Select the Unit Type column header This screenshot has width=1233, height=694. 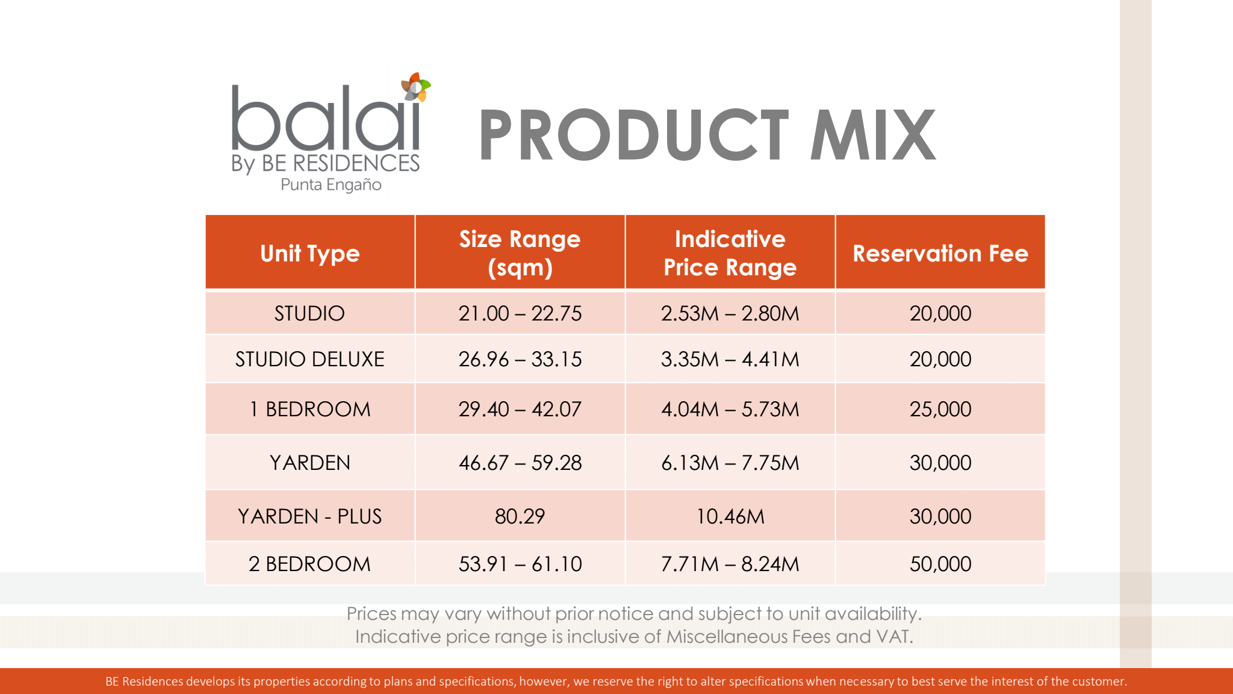pyautogui.click(x=310, y=254)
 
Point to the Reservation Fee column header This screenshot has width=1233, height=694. pyautogui.click(x=940, y=254)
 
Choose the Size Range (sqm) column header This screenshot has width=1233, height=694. pyautogui.click(x=520, y=253)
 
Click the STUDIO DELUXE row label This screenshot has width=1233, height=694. pyautogui.click(x=310, y=359)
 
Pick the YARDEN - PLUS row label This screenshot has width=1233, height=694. pyautogui.click(x=310, y=516)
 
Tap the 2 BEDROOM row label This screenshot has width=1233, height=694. pyautogui.click(x=310, y=564)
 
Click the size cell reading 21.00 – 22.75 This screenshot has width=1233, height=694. pyautogui.click(x=520, y=313)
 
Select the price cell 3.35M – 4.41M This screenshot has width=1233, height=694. pyautogui.click(x=730, y=359)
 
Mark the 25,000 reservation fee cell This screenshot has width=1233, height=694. pyautogui.click(x=940, y=409)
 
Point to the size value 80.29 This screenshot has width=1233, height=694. pyautogui.click(x=520, y=516)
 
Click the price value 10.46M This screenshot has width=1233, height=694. pyautogui.click(x=730, y=516)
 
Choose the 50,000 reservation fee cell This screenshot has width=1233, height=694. pyautogui.click(x=940, y=564)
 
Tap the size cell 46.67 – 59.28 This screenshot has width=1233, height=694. pyautogui.click(x=520, y=463)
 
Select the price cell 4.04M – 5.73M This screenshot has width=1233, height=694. pyautogui.click(x=730, y=409)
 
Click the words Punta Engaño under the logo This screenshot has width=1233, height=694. pyautogui.click(x=331, y=184)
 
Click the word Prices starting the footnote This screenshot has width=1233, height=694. pyautogui.click(x=371, y=613)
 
